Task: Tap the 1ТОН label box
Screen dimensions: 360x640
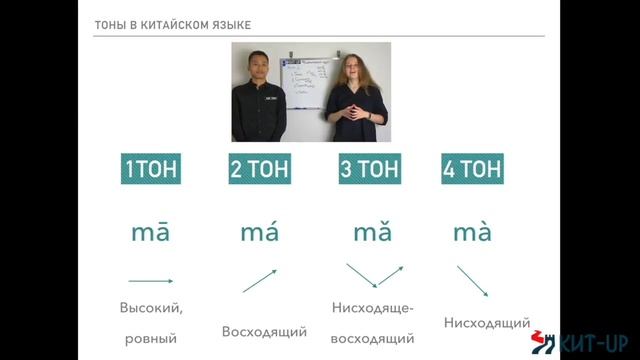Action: tap(150, 169)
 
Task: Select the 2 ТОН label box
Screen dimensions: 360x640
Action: tap(259, 169)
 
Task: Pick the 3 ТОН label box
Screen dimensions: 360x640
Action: tap(369, 169)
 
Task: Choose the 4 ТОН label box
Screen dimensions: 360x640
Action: tap(472, 169)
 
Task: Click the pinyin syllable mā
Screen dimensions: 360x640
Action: tap(150, 233)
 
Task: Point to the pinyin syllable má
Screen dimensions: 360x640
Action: tap(259, 233)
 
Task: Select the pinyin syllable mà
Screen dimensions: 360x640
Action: tap(472, 233)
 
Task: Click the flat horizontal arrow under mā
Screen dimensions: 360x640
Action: tap(150, 281)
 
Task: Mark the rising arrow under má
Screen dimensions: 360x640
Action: tap(260, 281)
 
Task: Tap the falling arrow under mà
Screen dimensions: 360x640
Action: tap(472, 281)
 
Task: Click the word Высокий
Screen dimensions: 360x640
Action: tap(150, 307)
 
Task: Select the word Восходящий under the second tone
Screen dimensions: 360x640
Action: tap(264, 331)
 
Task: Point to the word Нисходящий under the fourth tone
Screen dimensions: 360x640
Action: tap(486, 323)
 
